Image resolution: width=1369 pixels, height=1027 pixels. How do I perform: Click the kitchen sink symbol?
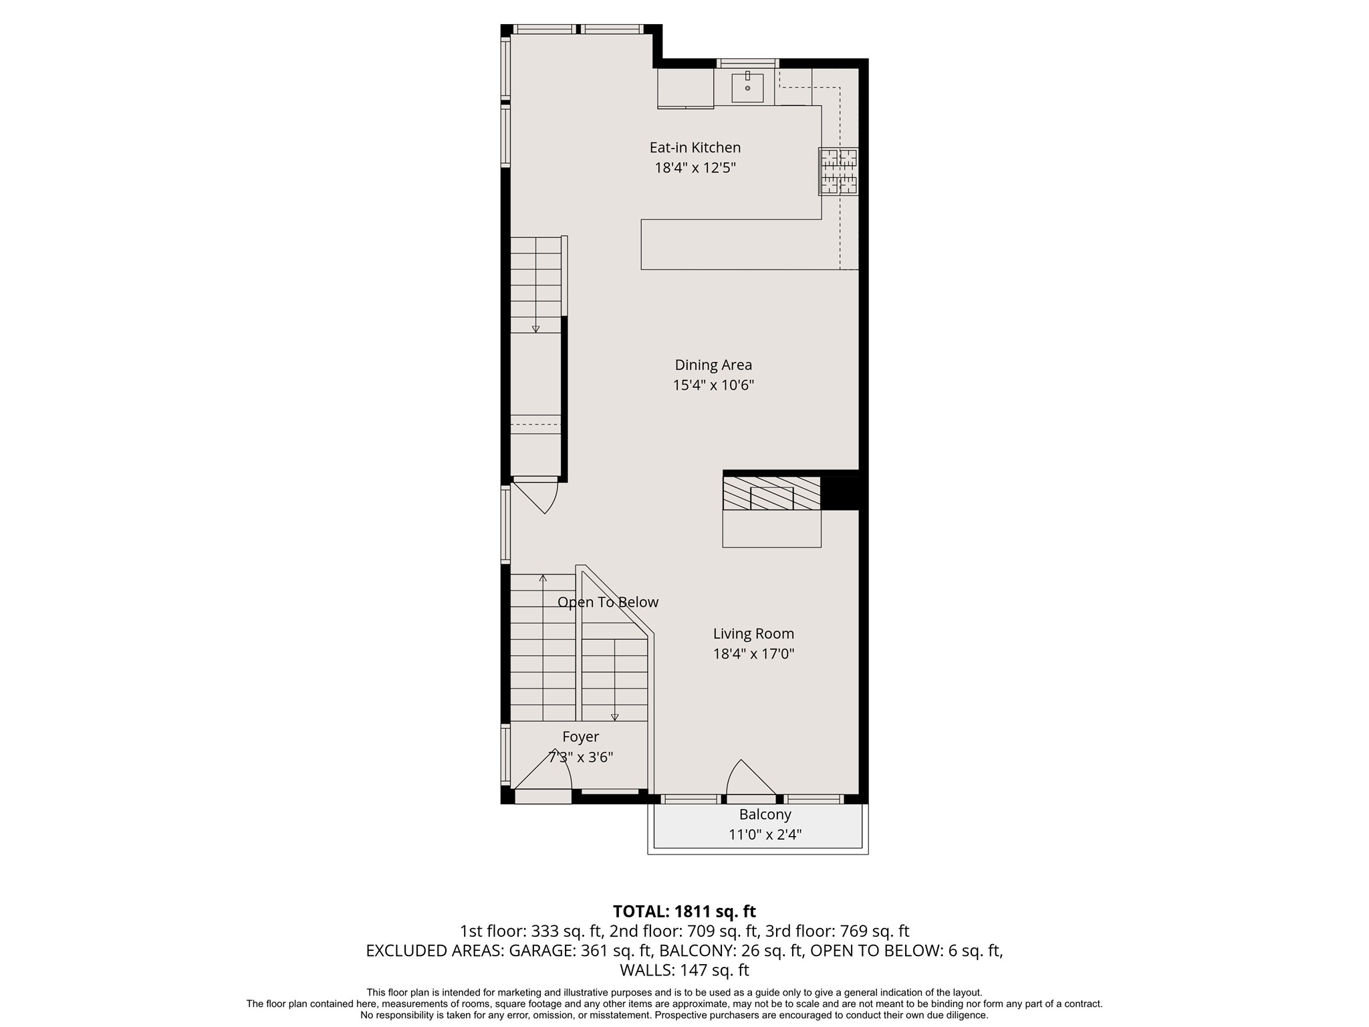[747, 88]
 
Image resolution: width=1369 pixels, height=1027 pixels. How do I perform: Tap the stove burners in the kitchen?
[839, 172]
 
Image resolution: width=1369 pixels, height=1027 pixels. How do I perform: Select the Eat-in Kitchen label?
[695, 147]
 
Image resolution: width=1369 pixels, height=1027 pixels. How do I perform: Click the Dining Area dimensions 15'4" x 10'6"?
[713, 385]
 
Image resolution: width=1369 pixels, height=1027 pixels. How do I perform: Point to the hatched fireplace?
[771, 493]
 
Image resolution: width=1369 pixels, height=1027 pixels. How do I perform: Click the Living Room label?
[753, 633]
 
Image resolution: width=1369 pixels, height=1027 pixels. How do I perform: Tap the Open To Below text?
[608, 602]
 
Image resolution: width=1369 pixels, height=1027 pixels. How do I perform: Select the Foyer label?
[580, 737]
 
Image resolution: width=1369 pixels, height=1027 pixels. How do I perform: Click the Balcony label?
[765, 814]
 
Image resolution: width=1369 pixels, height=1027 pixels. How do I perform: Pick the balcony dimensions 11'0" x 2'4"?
[765, 834]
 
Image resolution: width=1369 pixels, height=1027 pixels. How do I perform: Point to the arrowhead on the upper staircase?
[535, 328]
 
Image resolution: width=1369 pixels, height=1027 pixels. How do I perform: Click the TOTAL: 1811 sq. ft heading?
[684, 911]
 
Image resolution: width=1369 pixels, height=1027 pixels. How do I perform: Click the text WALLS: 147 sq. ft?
[684, 970]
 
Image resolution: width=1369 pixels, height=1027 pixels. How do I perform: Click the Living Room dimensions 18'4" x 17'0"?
[753, 654]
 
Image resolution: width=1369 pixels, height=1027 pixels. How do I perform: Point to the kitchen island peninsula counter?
[735, 244]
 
